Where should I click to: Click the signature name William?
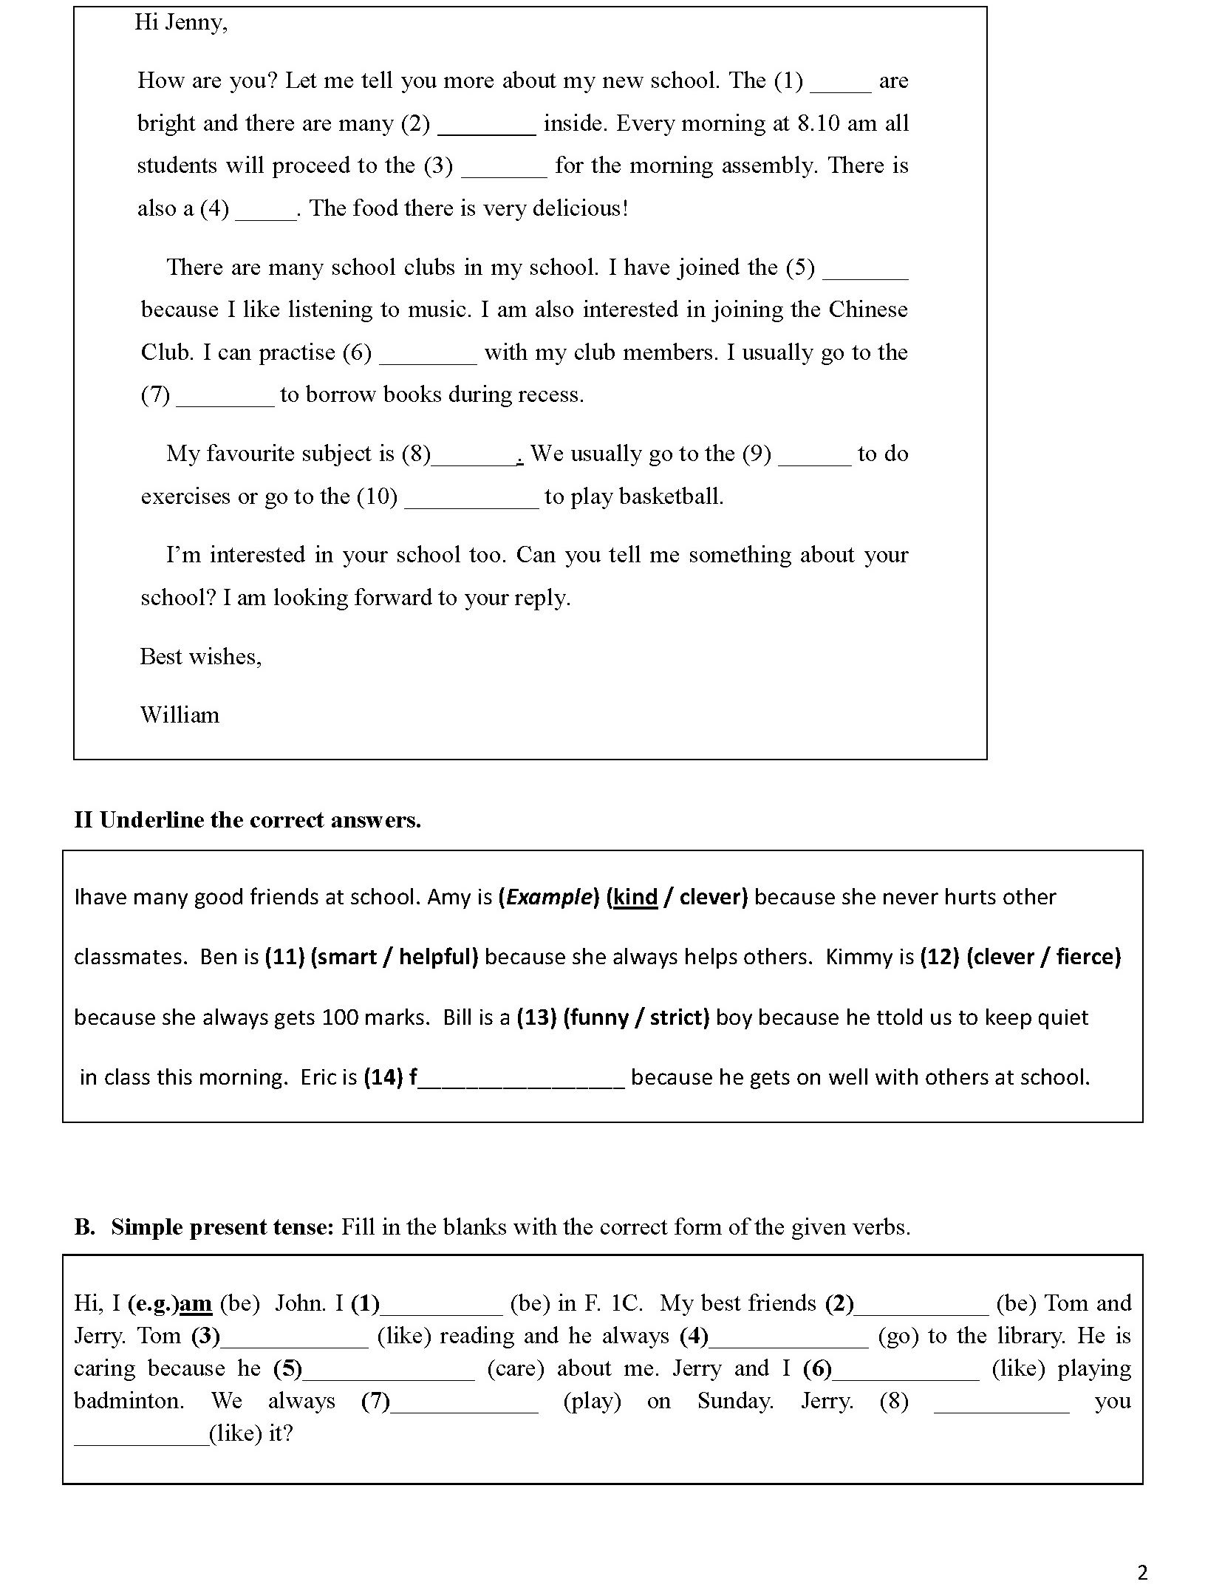(x=180, y=715)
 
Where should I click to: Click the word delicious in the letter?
(x=580, y=208)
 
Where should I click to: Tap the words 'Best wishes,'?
(x=200, y=657)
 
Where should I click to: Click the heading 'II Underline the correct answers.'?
(x=248, y=820)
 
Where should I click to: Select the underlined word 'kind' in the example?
(x=635, y=898)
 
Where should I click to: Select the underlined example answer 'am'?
(x=196, y=1303)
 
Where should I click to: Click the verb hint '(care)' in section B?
(x=515, y=1368)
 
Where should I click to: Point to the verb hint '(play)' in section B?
(x=592, y=1401)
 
